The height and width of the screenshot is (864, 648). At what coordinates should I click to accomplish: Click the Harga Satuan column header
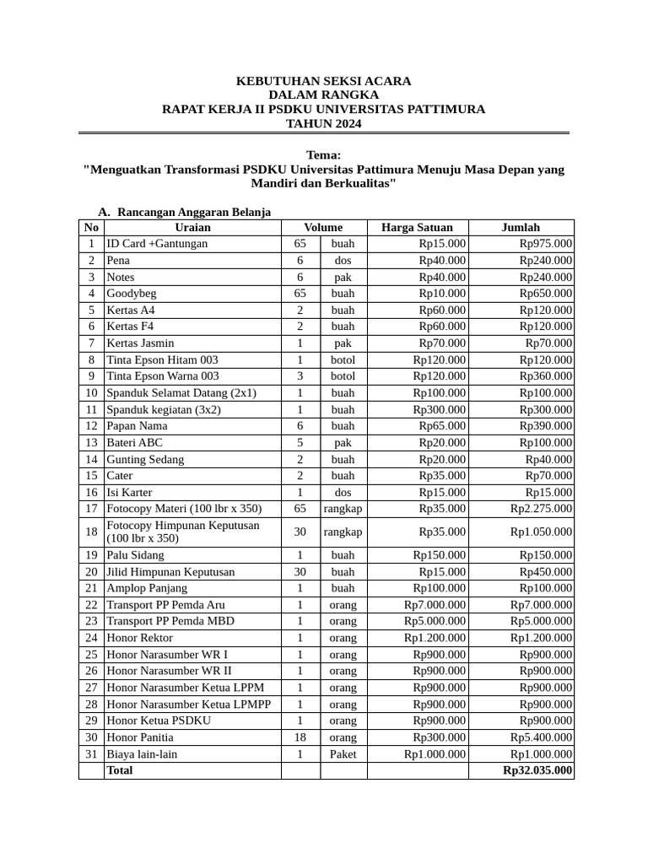[417, 227]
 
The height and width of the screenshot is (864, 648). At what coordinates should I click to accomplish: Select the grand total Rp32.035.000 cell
[537, 770]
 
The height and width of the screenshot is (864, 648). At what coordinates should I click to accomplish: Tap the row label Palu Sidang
[135, 555]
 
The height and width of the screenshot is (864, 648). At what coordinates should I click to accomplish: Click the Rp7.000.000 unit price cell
[435, 605]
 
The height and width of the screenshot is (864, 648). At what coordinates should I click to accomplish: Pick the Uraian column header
[192, 227]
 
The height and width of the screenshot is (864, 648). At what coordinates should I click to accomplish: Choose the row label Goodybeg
[132, 294]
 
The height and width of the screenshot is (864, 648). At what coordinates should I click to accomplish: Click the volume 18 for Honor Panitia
[300, 737]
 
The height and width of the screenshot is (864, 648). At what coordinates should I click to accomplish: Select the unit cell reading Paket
[343, 754]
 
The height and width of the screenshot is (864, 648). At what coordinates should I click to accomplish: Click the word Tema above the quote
[323, 155]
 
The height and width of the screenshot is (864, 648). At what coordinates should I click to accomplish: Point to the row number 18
[91, 532]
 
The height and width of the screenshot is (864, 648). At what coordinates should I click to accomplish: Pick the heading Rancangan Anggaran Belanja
[194, 212]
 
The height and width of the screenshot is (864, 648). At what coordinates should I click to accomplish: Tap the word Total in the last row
[120, 770]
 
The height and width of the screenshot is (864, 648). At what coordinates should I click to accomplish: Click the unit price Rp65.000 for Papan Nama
[442, 426]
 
